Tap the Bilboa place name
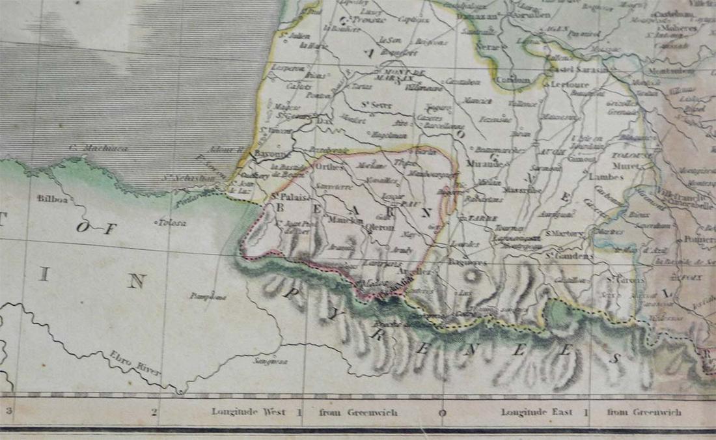(x=52, y=199)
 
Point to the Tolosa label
(x=172, y=223)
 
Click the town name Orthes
(x=327, y=166)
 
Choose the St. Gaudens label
(x=570, y=256)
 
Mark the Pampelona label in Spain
(x=208, y=296)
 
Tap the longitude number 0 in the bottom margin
(x=443, y=412)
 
